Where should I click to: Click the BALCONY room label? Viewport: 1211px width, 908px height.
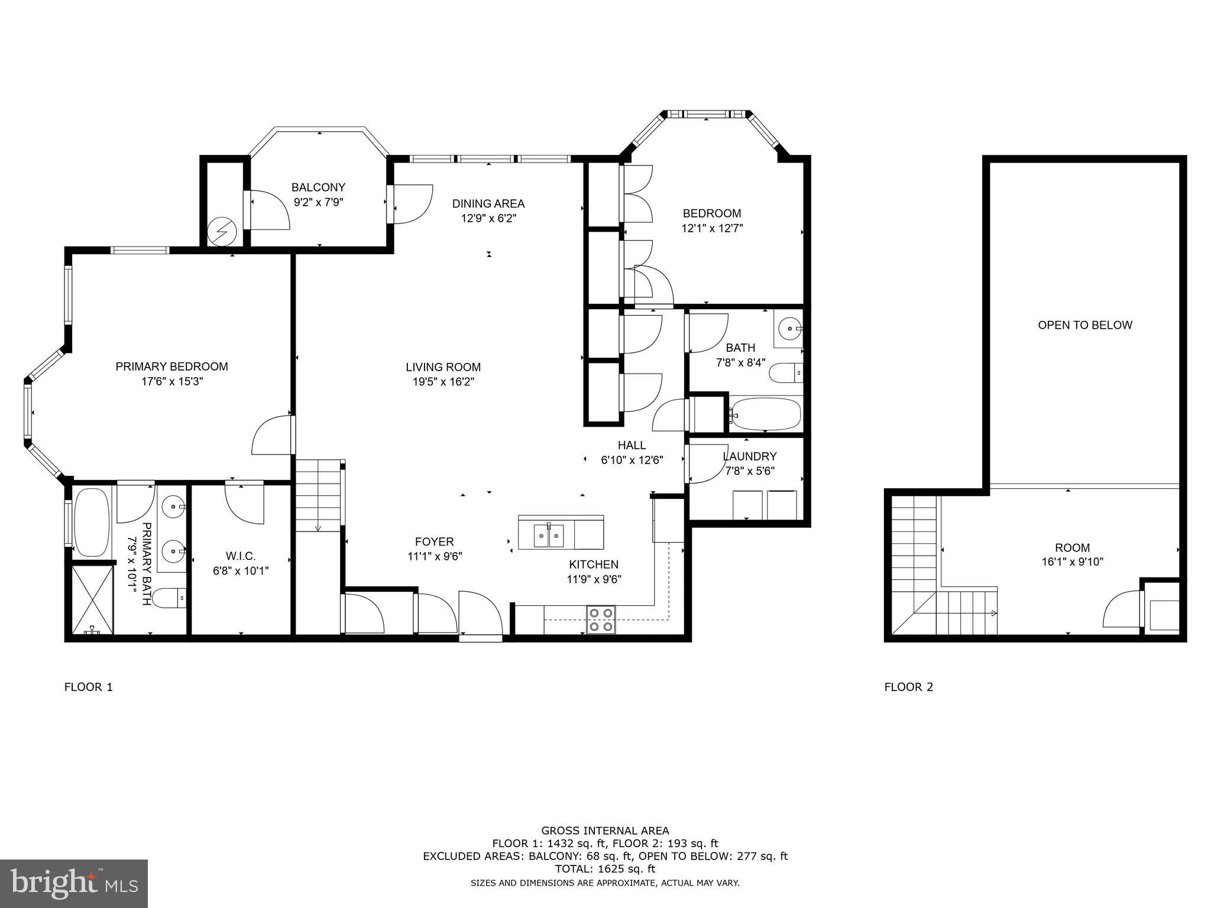click(318, 187)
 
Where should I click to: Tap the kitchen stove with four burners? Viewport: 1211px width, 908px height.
click(601, 620)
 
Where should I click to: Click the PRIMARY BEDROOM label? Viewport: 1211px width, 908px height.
click(171, 367)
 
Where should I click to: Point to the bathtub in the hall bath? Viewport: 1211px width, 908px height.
click(765, 414)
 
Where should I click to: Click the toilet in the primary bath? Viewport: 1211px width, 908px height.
click(170, 598)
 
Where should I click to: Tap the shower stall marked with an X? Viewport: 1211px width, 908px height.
click(92, 598)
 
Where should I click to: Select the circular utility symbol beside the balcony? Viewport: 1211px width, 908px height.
click(224, 231)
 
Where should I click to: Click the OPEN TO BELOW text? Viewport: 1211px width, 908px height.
click(1085, 325)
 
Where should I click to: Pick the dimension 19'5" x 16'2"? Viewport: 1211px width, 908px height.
click(443, 382)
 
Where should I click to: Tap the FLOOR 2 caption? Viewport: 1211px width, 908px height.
click(908, 687)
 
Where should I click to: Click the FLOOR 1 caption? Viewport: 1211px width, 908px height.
click(88, 687)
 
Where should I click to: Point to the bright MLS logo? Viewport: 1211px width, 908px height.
click(74, 883)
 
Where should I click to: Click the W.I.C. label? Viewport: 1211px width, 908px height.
click(241, 556)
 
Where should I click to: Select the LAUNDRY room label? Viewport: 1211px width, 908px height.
click(749, 456)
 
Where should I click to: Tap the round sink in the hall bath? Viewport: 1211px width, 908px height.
click(788, 327)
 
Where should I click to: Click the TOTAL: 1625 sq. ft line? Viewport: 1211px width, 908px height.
click(605, 869)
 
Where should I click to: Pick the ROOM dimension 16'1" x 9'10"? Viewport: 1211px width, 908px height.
click(1072, 562)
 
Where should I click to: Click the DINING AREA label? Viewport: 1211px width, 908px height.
click(488, 204)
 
